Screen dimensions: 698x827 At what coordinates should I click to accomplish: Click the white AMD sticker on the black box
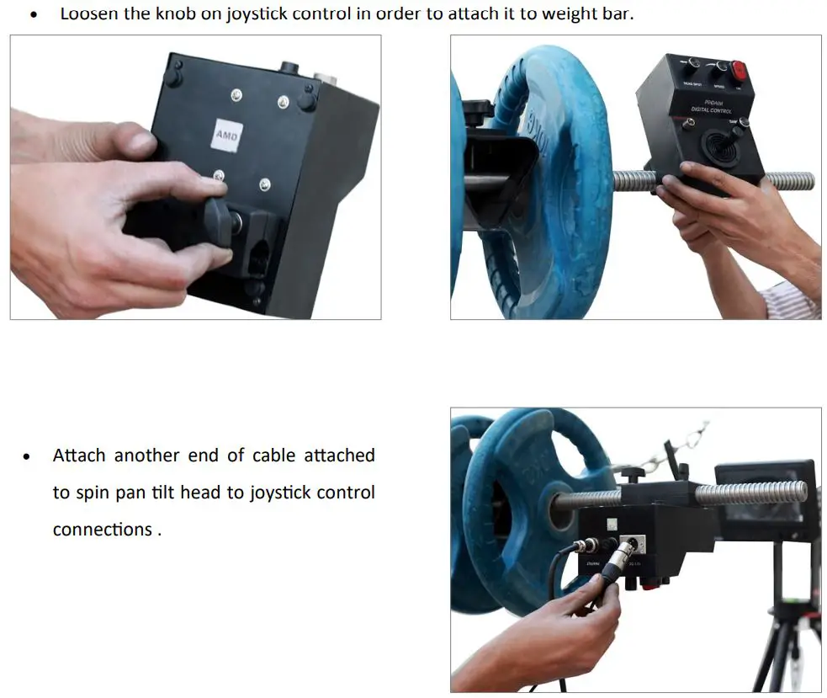pos(225,134)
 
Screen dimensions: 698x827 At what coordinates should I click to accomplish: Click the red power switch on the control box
pos(740,71)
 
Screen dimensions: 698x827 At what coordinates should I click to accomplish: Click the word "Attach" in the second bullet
pos(79,456)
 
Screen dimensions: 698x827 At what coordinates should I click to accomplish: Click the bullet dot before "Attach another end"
pos(28,457)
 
